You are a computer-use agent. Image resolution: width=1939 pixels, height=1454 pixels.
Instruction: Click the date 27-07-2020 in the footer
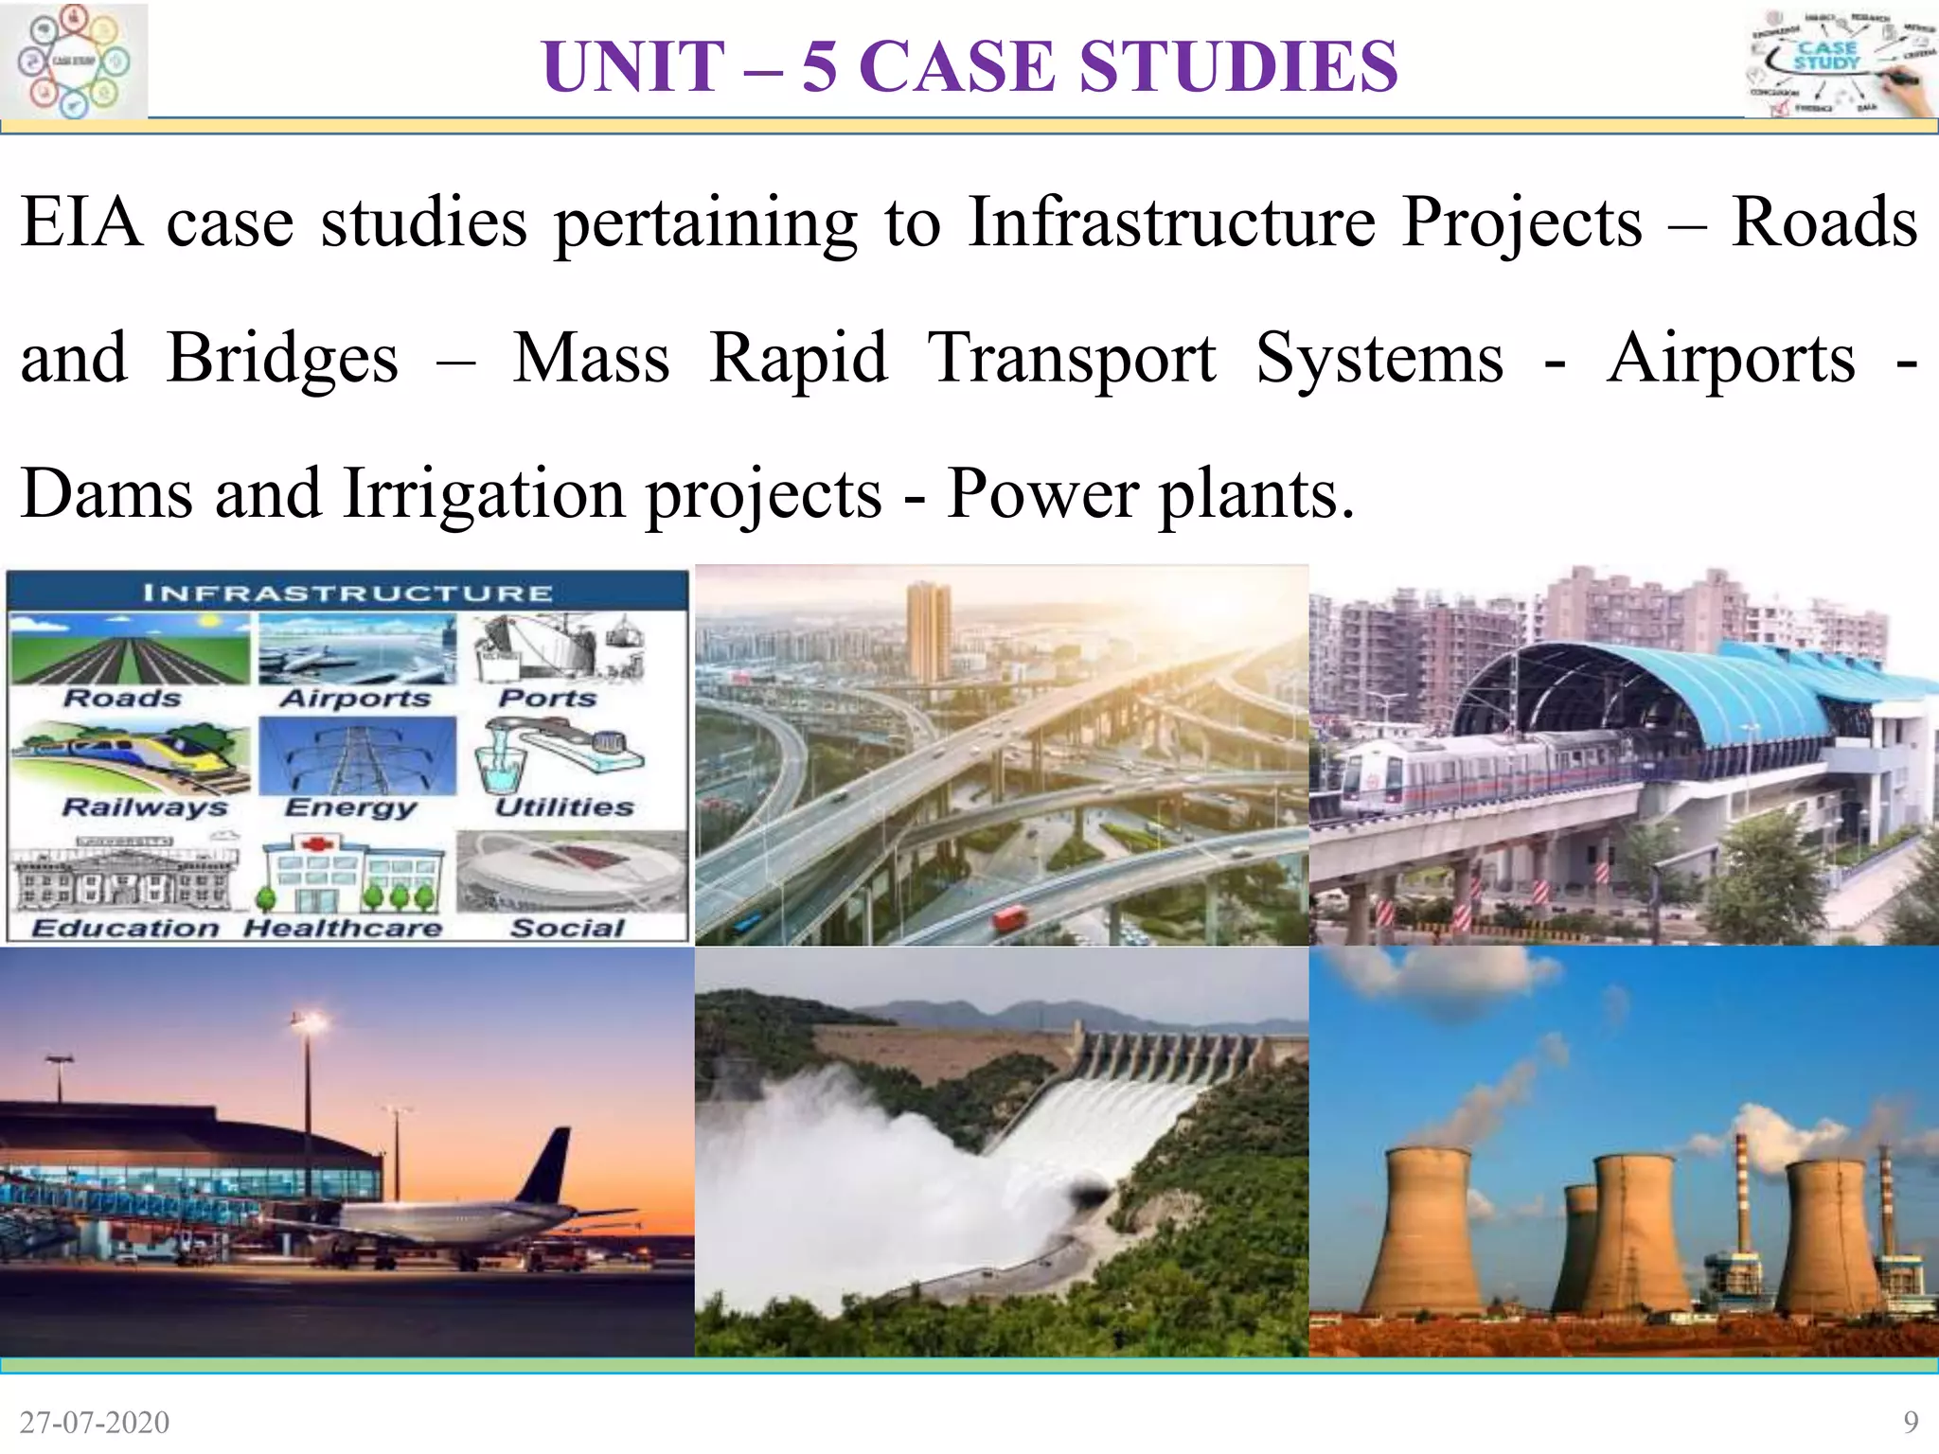[x=95, y=1422]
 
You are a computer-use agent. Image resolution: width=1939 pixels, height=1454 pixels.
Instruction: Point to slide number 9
[x=1911, y=1422]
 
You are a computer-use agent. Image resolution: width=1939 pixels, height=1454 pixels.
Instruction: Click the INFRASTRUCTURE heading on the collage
[x=347, y=594]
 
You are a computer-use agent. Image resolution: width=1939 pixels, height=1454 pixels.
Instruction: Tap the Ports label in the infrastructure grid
[x=548, y=699]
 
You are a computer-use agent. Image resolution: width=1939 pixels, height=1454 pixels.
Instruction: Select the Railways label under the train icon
[x=145, y=807]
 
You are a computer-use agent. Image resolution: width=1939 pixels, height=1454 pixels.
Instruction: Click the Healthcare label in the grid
[x=343, y=928]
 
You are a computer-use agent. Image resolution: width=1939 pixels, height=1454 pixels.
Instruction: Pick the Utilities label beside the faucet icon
[x=564, y=807]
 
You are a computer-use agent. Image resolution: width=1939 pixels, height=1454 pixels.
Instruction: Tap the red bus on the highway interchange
[x=1010, y=916]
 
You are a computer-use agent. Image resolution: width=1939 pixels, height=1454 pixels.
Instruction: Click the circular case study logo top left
[x=74, y=61]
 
